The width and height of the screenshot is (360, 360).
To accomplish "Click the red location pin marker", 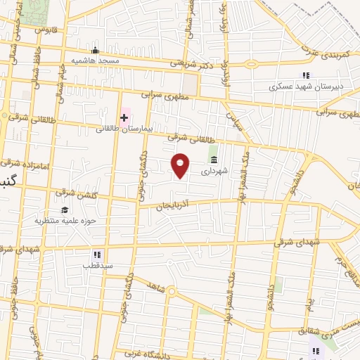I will [181, 165].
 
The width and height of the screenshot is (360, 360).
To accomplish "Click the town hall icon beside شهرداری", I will [213, 160].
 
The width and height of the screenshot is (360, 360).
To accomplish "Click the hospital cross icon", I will [124, 117].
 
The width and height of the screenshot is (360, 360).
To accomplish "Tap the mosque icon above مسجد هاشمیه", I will [96, 51].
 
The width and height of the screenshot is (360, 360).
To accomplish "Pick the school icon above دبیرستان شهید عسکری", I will [305, 75].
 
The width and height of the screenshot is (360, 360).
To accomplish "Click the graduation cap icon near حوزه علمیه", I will [65, 210].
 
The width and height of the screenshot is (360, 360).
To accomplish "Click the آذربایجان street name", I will [173, 205].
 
